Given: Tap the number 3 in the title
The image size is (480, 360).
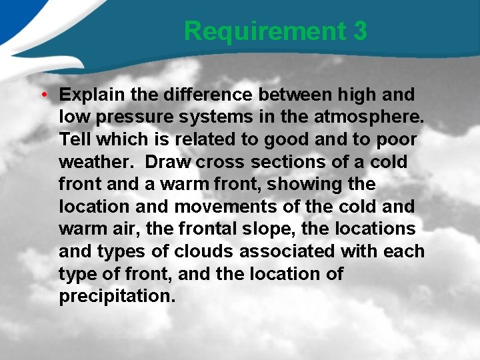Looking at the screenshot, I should point(360,31).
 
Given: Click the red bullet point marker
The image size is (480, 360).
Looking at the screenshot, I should point(43,94).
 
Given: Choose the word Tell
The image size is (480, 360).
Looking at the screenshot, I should point(74,139).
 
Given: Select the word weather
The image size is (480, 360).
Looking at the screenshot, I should point(97,162).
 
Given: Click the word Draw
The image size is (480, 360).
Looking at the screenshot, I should point(167,162).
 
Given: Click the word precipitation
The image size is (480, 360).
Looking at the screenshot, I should point(117,296).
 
